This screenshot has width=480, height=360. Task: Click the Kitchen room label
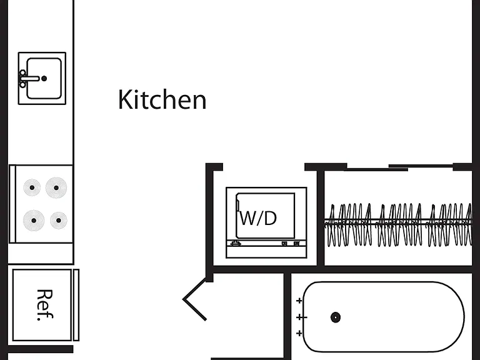[162, 99]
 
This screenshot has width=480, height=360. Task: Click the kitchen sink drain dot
[44, 79]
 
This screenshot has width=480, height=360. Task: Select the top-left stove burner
[32, 187]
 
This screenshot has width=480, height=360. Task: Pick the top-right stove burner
[56, 187]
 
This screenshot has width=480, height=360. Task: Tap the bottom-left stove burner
[34, 221]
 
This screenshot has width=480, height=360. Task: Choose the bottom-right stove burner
[59, 221]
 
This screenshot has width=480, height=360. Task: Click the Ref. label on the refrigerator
[45, 305]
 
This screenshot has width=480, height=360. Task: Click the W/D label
[259, 218]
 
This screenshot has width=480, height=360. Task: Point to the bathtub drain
[336, 317]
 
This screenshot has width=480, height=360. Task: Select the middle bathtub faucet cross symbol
[301, 317]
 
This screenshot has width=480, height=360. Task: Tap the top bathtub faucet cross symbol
[299, 301]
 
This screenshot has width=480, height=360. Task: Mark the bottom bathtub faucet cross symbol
[299, 333]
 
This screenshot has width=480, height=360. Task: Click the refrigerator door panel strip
[76, 305]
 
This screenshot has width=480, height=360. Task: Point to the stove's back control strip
[12, 204]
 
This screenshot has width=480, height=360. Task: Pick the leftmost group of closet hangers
[349, 225]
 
